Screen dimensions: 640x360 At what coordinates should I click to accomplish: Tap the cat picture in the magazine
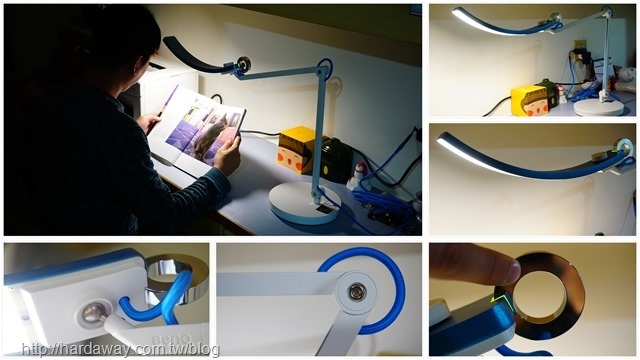click(x=210, y=136)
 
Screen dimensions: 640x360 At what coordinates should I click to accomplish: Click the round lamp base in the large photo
click(x=305, y=204)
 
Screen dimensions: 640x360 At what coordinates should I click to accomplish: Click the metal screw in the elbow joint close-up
click(x=356, y=293)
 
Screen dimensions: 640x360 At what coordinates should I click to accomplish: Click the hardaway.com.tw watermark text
click(x=120, y=350)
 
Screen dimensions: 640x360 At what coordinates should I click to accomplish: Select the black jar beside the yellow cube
click(x=336, y=160)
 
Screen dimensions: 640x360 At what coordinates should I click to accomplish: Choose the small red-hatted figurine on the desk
click(x=360, y=174)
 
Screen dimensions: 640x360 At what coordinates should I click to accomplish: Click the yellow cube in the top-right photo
click(x=529, y=101)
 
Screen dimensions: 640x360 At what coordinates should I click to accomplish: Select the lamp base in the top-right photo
click(x=599, y=107)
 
